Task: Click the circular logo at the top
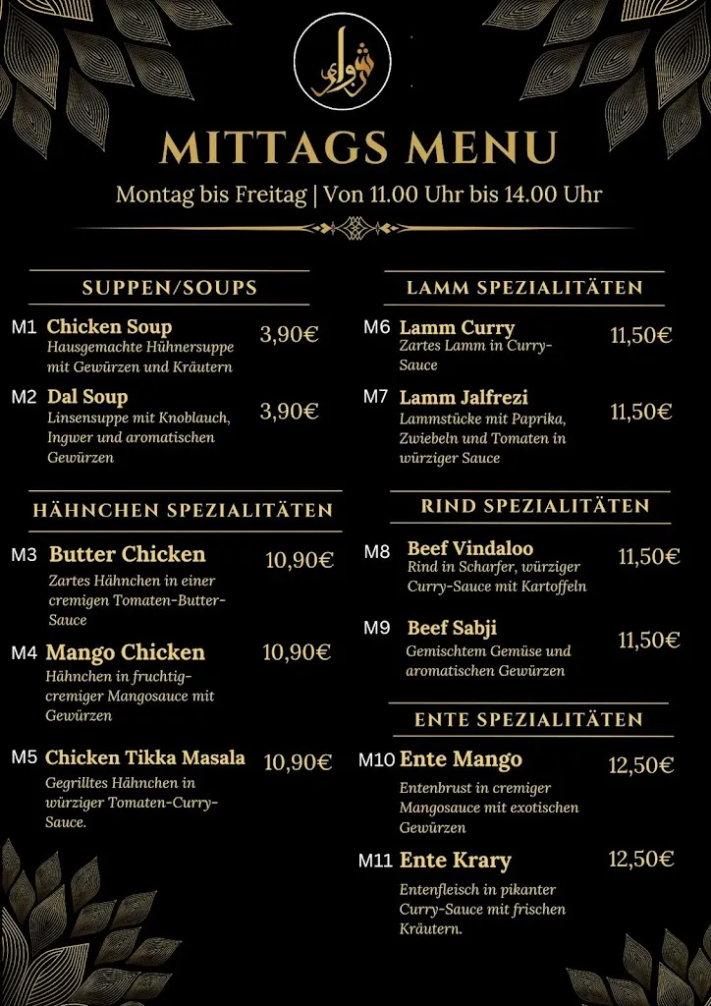click(x=343, y=61)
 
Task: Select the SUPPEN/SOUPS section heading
click(x=170, y=288)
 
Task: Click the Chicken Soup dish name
click(x=109, y=326)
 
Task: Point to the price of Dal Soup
click(x=289, y=411)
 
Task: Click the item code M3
click(x=25, y=555)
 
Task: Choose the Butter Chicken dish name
click(x=128, y=554)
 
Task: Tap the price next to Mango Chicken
click(x=297, y=652)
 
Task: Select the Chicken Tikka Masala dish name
click(x=145, y=757)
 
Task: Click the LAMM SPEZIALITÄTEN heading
click(x=524, y=288)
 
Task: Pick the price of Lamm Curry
click(x=640, y=335)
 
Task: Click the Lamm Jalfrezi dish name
click(x=464, y=397)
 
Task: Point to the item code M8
click(x=377, y=552)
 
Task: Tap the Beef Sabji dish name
click(x=452, y=628)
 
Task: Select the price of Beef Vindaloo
click(x=648, y=557)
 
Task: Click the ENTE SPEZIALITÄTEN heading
click(x=528, y=720)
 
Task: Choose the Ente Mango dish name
click(x=461, y=759)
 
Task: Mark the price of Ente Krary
click(x=640, y=860)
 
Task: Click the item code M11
click(x=375, y=862)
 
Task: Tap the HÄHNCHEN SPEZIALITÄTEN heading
click(x=183, y=510)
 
